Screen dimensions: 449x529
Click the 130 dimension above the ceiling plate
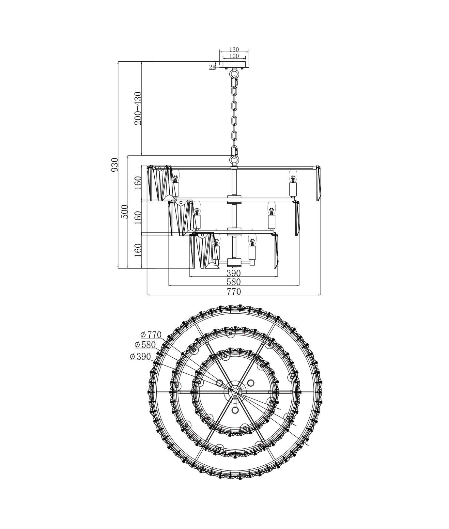234,50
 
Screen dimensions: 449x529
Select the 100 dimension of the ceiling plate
234,56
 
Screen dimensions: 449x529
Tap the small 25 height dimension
212,67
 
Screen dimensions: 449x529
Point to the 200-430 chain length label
138,108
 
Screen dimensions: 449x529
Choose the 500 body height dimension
125,212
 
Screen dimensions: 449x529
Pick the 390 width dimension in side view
234,273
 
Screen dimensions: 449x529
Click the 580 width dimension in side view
234,282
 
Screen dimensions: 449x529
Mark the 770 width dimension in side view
234,291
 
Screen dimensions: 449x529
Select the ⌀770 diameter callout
151,335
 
